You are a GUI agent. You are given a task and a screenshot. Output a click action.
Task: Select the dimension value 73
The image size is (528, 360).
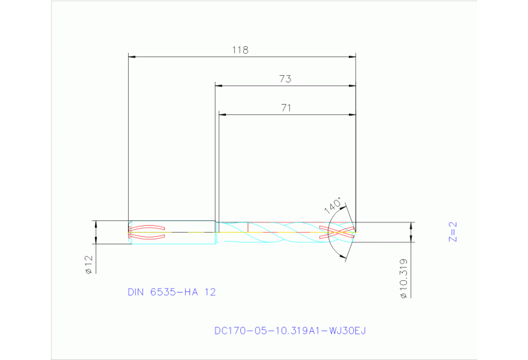[285, 79]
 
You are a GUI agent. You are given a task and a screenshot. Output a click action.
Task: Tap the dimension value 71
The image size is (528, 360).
[286, 107]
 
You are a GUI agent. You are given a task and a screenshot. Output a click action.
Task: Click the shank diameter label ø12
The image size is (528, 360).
[88, 264]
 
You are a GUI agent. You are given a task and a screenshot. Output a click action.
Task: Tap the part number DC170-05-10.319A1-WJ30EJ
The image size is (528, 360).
[290, 331]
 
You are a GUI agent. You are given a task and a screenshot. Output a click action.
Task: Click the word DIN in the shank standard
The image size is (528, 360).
[136, 292]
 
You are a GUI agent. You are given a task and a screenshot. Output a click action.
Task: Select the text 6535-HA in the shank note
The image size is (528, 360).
[175, 292]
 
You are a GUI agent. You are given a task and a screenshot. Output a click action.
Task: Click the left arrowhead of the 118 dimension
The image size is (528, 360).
[133, 56]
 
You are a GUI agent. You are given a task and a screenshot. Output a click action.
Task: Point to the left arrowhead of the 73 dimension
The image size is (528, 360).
[219, 85]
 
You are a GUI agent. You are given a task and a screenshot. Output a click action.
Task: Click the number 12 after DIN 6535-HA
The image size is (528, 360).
[209, 292]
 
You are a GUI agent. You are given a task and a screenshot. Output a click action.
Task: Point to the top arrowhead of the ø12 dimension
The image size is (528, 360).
[96, 224]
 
